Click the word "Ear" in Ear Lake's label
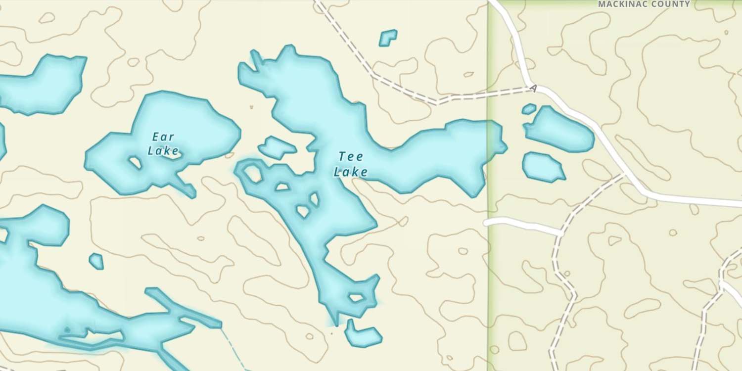(163, 137)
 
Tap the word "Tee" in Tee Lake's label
(351, 157)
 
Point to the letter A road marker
(533, 89)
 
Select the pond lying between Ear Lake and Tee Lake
(277, 147)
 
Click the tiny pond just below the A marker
(529, 109)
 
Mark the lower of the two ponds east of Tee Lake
(542, 166)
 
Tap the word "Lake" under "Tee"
(350, 172)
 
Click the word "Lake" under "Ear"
(163, 151)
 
